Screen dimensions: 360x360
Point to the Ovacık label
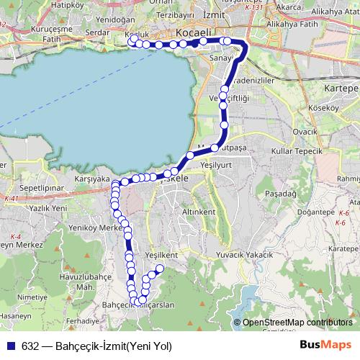coord(305,132)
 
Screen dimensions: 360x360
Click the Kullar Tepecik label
coord(294,150)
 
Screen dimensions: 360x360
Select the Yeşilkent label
coord(161,255)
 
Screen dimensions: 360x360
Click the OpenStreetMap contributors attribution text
coord(297,323)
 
